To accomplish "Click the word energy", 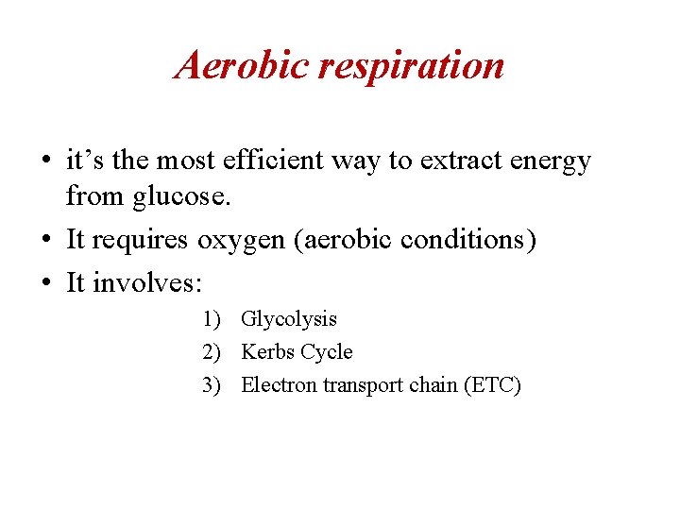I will click(551, 162).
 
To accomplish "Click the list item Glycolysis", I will click(289, 320).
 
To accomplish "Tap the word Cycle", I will click(324, 353).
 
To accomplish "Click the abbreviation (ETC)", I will click(490, 385).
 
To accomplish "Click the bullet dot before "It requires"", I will click(45, 241).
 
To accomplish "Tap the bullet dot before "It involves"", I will click(45, 282).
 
